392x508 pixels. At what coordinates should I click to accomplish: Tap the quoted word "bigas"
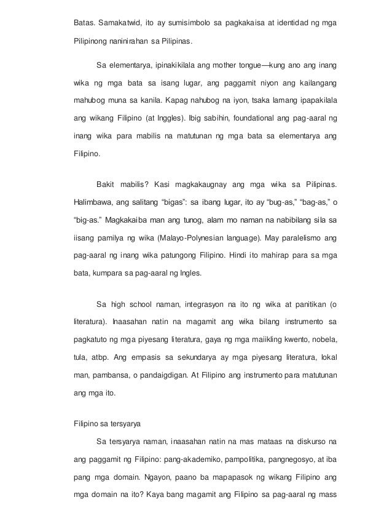[179, 202]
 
